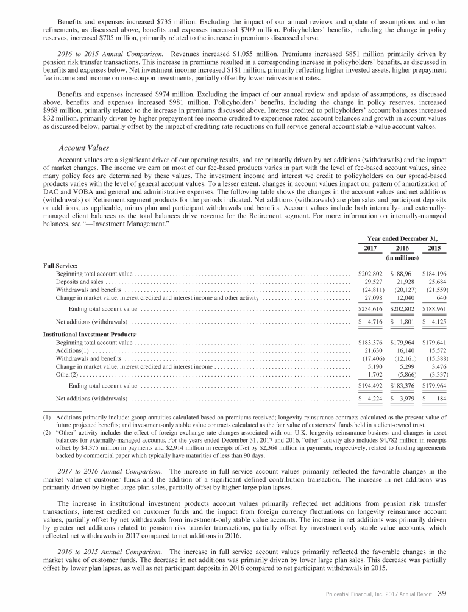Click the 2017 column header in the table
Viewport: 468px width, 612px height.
(369, 249)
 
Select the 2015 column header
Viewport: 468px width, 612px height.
(435, 249)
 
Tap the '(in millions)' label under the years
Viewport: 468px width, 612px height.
(402, 258)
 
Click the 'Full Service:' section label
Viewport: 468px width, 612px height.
(60, 266)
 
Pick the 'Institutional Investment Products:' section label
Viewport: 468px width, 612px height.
(90, 335)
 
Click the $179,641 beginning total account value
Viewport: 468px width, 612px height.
(434, 344)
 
